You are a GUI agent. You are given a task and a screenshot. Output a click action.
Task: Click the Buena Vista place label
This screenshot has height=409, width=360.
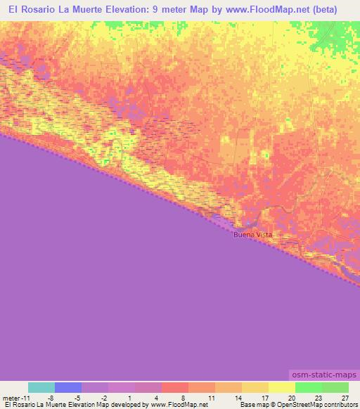click(253, 235)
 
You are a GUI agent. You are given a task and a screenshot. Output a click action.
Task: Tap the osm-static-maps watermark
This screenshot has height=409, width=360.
click(324, 375)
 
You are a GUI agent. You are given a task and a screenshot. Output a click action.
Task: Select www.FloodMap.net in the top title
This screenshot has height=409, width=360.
click(269, 10)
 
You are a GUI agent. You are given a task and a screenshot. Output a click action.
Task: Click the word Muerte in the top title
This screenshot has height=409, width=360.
click(105, 10)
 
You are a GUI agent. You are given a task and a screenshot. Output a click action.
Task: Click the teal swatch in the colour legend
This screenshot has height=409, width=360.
click(41, 387)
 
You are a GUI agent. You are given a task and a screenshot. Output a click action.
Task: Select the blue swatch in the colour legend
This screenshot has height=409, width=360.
click(68, 387)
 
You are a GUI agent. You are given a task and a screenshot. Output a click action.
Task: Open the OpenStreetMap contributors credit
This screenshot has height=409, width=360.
click(324, 405)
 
